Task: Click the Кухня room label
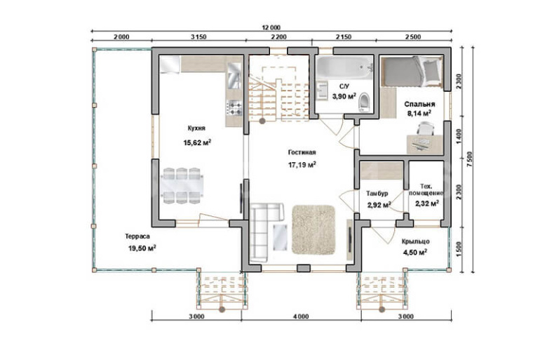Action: [196, 128]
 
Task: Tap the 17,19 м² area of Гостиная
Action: [302, 165]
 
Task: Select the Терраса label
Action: [137, 236]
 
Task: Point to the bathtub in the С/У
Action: [344, 68]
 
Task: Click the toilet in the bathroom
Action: [364, 102]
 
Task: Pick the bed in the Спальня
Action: [412, 72]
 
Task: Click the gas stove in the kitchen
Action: [234, 107]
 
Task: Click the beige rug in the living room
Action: [313, 229]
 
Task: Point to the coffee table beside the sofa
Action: [280, 237]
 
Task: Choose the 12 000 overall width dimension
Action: [271, 27]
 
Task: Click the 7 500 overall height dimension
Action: [471, 159]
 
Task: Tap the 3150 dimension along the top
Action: [198, 37]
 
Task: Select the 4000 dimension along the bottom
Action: [301, 316]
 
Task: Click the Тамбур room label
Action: [377, 194]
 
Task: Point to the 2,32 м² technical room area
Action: [427, 204]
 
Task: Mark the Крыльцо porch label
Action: [415, 241]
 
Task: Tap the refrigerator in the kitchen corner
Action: [170, 64]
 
